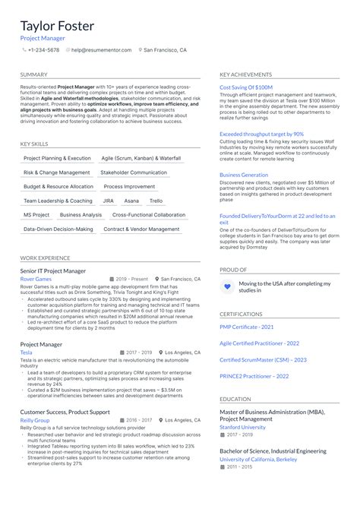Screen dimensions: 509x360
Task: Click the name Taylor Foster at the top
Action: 57,26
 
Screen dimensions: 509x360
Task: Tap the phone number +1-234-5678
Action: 43,49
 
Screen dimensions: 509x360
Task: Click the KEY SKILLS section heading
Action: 34,144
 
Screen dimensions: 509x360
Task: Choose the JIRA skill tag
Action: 109,201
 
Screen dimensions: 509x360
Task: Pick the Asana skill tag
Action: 131,201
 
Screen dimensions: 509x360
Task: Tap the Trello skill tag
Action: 156,201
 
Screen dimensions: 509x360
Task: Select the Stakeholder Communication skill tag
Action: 134,172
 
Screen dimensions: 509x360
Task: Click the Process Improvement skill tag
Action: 129,186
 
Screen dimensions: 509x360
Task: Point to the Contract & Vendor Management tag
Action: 141,229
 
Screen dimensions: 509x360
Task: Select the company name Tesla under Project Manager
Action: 26,353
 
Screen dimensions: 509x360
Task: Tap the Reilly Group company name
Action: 34,419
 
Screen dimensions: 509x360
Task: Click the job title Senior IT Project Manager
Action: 53,270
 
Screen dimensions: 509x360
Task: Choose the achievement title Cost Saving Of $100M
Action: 246,87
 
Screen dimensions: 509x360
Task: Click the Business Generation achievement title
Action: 244,175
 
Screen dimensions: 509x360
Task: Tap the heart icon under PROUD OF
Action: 226,286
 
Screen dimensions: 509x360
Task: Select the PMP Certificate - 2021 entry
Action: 247,326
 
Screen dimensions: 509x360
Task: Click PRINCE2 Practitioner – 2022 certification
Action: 254,376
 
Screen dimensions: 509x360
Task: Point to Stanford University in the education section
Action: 243,427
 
